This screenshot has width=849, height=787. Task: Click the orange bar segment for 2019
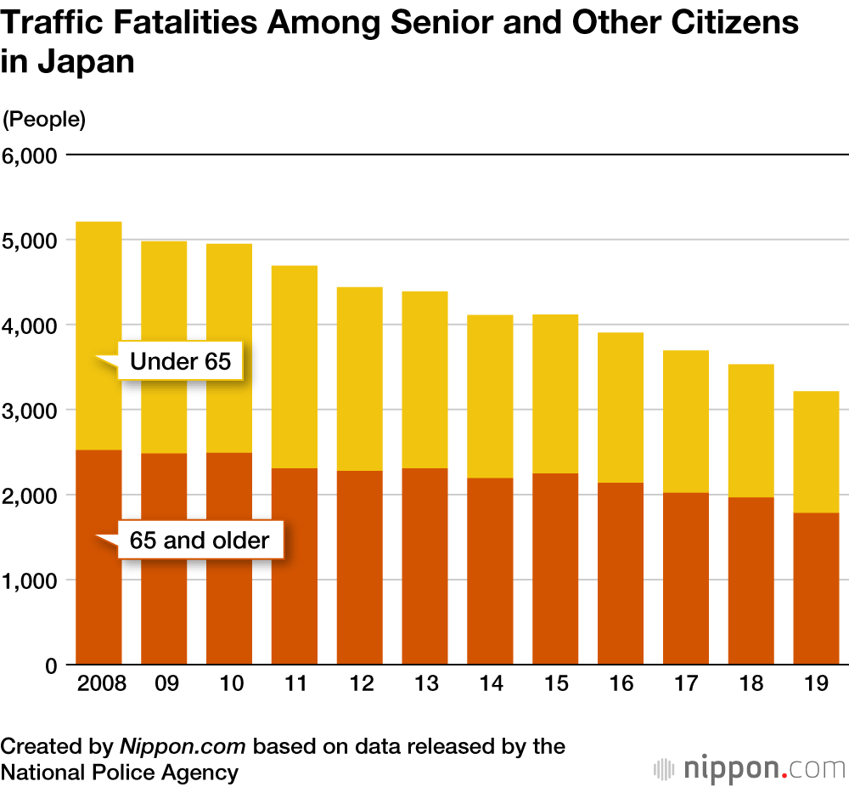tap(816, 588)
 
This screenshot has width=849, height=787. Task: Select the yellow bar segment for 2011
tap(295, 367)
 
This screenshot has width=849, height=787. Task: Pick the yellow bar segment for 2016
tap(621, 407)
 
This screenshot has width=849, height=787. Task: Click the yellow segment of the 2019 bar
tap(816, 451)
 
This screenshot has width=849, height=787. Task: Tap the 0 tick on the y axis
tap(50, 665)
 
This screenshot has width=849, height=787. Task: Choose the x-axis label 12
tap(360, 685)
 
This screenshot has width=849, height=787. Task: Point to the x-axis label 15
tap(555, 685)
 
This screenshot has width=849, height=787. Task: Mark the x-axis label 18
tap(751, 685)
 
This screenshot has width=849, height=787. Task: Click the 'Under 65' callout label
tap(180, 361)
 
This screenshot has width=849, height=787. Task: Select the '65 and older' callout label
tap(200, 540)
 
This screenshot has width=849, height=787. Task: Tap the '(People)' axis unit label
tap(45, 120)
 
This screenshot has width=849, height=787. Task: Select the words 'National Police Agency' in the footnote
tap(120, 773)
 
